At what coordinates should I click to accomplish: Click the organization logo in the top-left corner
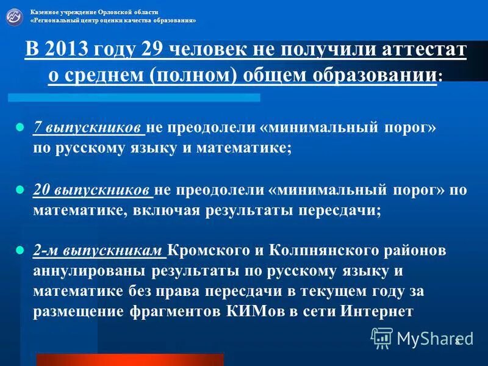(15, 16)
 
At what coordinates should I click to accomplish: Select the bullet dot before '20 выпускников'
(18, 190)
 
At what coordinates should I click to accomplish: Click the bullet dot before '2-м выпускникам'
(18, 251)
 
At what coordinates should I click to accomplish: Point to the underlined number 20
(41, 189)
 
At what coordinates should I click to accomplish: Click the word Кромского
(203, 251)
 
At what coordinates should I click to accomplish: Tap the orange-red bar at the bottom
(129, 359)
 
